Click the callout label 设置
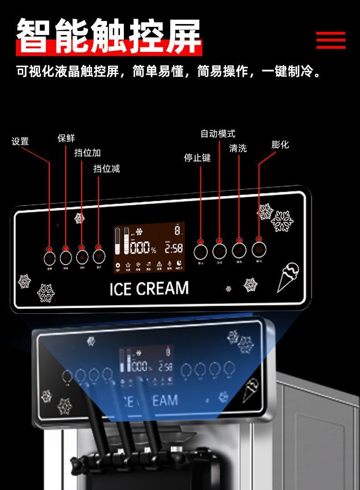(x=20, y=142)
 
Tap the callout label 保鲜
(x=66, y=138)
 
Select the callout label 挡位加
(x=87, y=153)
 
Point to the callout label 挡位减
(x=107, y=168)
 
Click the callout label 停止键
(x=197, y=158)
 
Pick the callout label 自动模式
(x=218, y=133)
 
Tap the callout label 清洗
(x=238, y=148)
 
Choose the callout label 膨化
(x=280, y=144)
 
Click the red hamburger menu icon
(x=331, y=40)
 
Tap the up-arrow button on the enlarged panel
(x=82, y=256)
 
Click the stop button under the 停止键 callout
(x=201, y=251)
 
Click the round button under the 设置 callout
(x=50, y=258)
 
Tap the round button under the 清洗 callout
(x=239, y=250)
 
